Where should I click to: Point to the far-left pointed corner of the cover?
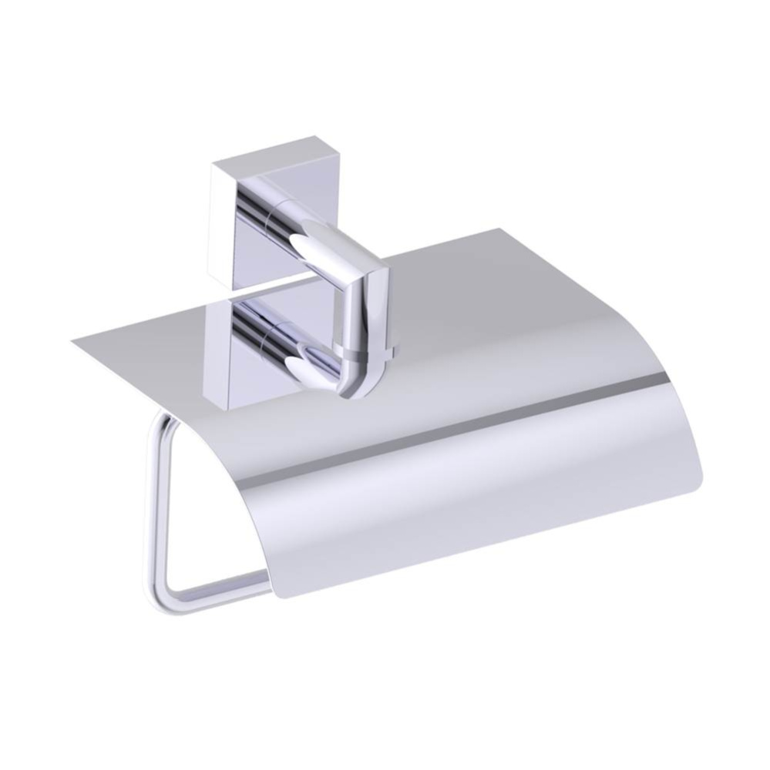click(71, 340)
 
